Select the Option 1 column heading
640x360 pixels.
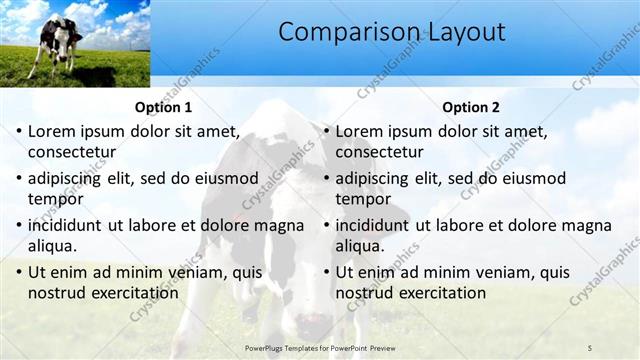163,107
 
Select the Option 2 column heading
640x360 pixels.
471,107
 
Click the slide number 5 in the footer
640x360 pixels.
590,347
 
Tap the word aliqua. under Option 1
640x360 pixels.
54,246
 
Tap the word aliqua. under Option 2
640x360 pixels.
362,246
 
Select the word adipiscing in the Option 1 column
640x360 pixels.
68,178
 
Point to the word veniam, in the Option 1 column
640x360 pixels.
183,272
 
